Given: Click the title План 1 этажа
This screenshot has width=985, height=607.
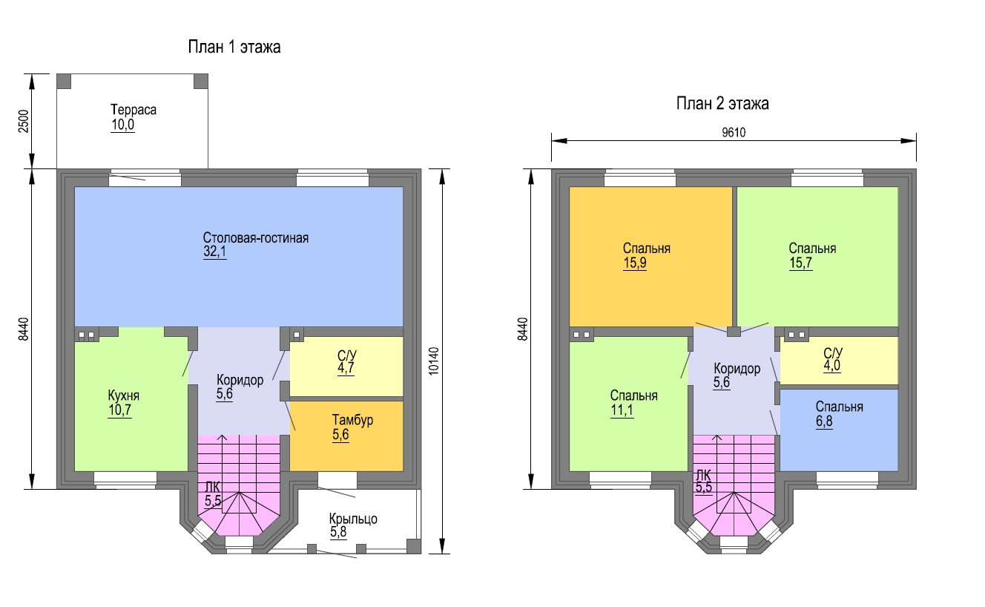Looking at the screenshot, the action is coord(234,48).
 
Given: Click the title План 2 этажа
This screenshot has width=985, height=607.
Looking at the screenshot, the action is coord(722,104).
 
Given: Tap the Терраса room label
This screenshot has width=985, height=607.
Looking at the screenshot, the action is coord(134,110).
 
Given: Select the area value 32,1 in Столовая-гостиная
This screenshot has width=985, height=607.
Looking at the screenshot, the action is coord(215,252).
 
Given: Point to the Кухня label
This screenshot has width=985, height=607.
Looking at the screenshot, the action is coord(124,396).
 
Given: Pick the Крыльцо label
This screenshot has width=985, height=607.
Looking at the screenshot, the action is coord(353,519).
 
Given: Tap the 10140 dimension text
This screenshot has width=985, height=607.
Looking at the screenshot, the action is coord(434,361).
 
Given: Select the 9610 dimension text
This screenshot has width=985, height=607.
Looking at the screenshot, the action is coord(733,134).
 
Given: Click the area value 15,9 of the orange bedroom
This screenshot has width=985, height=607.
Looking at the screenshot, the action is coord(635,263).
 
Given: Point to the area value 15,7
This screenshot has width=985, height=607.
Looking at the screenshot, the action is coord(801,263).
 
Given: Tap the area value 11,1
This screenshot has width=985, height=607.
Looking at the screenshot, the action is coord(623,410).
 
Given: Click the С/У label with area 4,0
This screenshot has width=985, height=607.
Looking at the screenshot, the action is coord(832,352).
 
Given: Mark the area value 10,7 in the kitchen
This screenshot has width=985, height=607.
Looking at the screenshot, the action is coord(119,410).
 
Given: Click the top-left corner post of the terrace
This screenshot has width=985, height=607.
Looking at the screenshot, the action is coord(65,81).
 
